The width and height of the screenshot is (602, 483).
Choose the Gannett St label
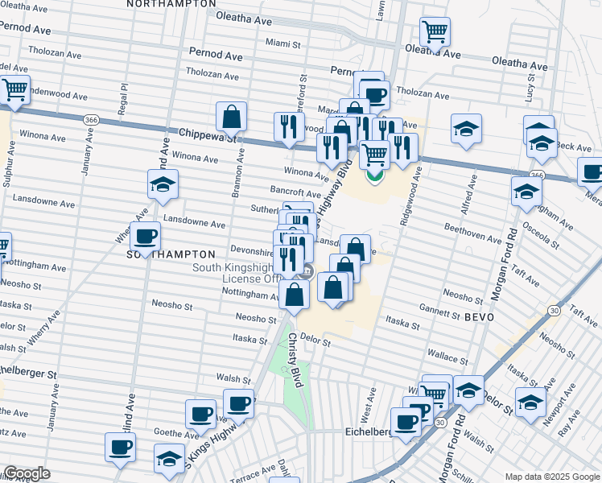click(x=439, y=316)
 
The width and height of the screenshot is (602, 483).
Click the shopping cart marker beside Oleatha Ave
click(x=435, y=33)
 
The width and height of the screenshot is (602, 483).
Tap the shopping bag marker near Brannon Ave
click(x=231, y=116)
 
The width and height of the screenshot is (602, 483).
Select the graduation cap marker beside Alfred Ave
click(x=466, y=130)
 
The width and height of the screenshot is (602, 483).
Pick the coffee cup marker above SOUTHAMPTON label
click(x=145, y=236)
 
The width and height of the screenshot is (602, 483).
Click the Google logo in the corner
click(x=26, y=474)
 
